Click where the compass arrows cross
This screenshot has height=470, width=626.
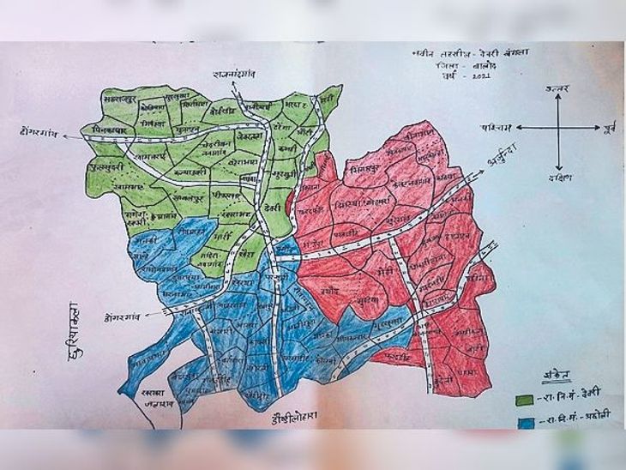point(558,129)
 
